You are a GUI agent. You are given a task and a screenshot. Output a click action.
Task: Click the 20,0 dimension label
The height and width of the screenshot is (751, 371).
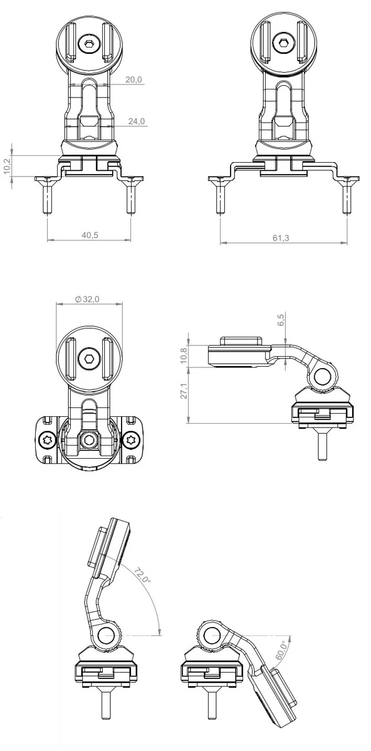[133, 80]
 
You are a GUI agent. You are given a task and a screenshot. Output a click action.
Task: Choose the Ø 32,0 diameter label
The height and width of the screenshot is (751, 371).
[87, 300]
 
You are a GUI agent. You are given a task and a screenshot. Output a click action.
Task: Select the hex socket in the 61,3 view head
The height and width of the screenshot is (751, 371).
[283, 43]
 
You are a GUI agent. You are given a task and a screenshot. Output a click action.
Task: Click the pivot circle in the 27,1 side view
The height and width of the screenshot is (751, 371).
[324, 376]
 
